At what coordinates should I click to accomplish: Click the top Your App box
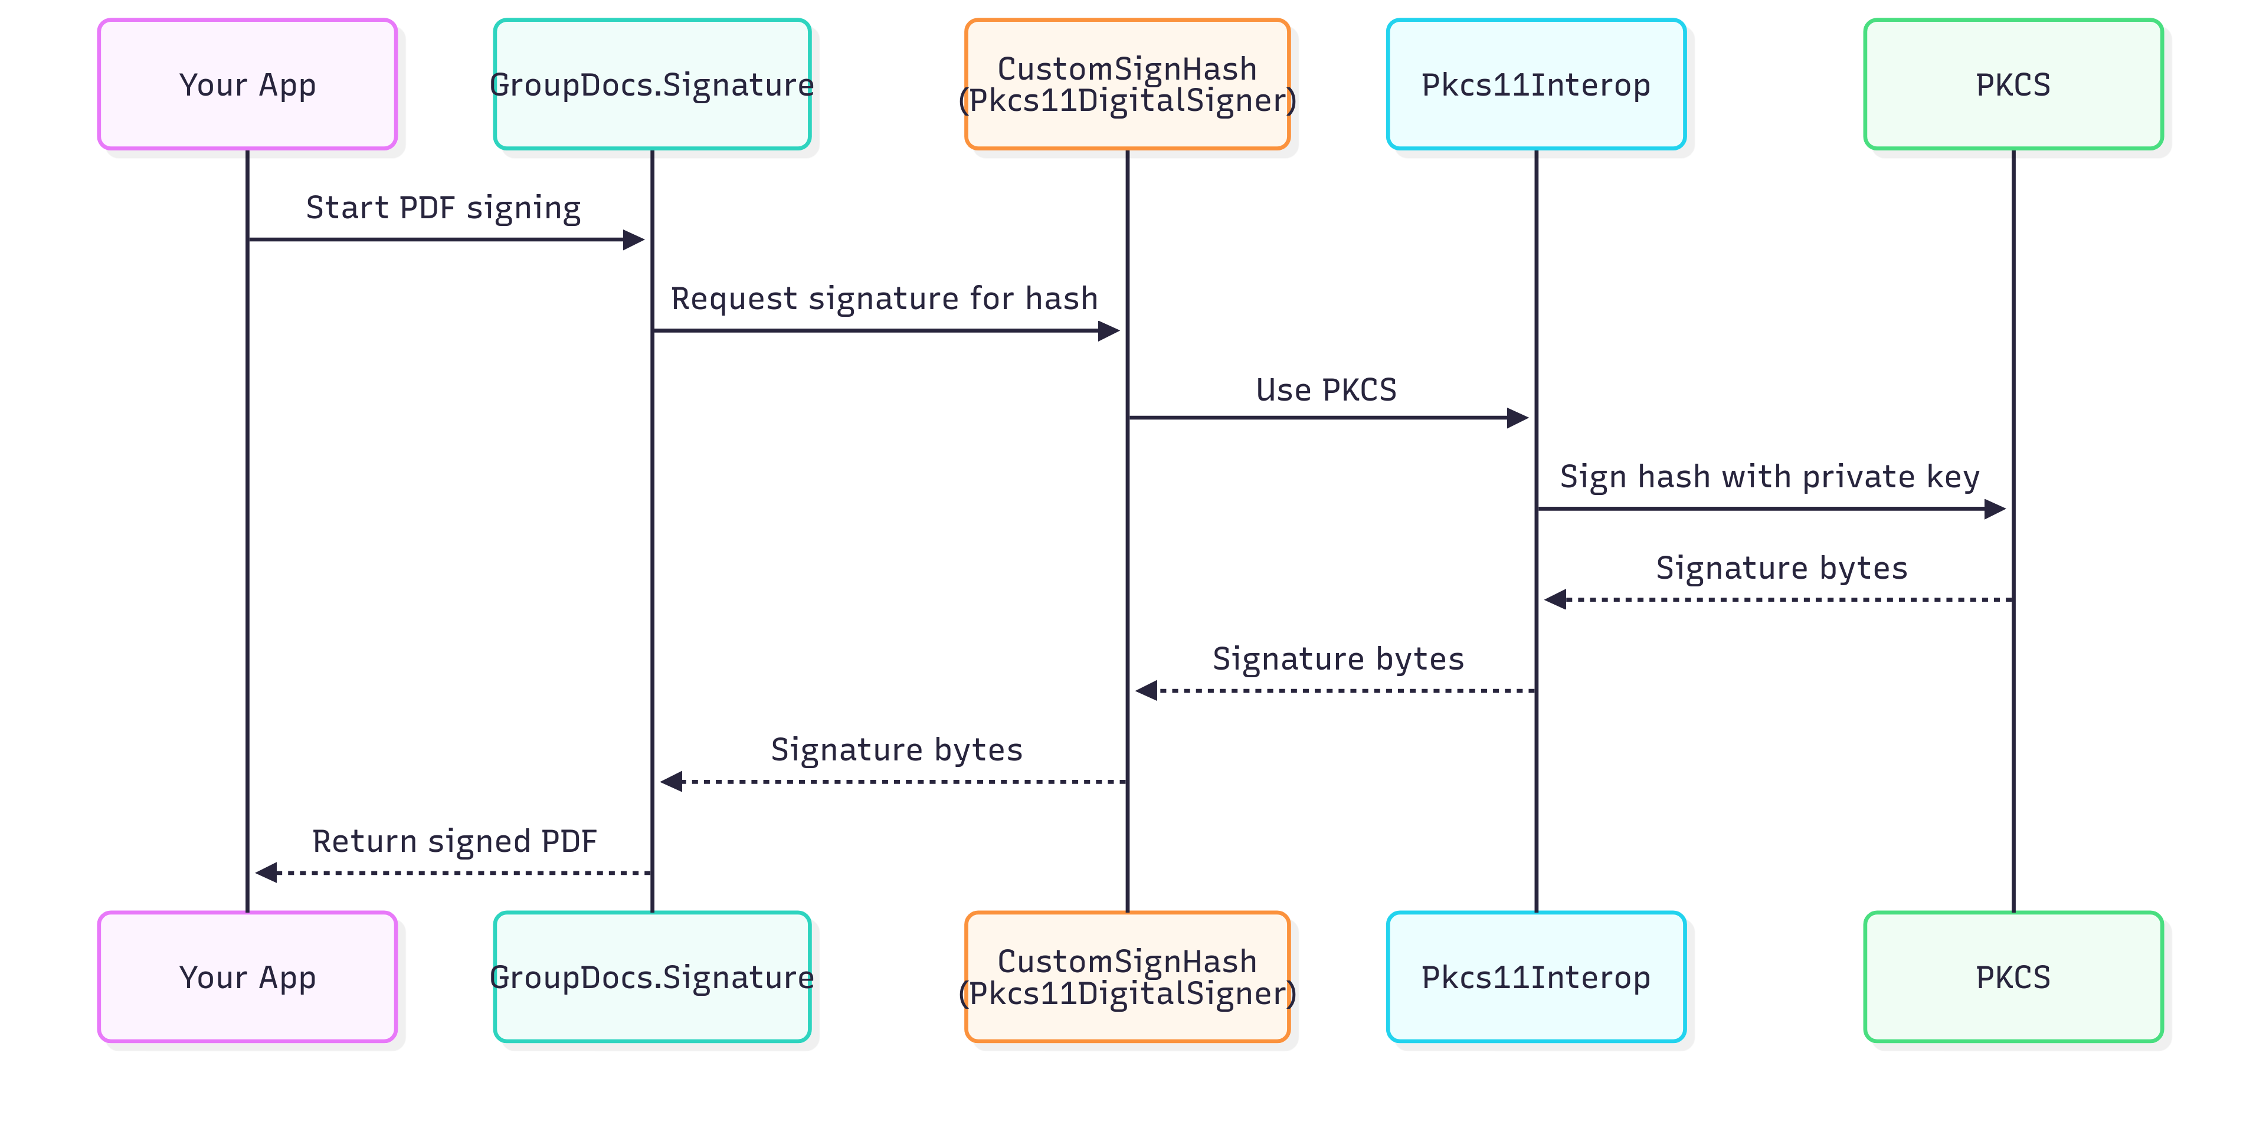[247, 84]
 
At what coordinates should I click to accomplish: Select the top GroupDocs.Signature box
[652, 84]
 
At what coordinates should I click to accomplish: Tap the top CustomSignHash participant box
[1127, 84]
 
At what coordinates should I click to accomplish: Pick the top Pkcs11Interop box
[1536, 84]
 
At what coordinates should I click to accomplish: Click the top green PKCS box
[2013, 84]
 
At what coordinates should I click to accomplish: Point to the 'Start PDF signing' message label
[443, 208]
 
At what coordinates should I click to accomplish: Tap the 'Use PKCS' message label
[1325, 390]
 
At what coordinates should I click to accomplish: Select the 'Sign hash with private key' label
[1769, 477]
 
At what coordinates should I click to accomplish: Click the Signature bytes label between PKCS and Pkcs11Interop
[1782, 568]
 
